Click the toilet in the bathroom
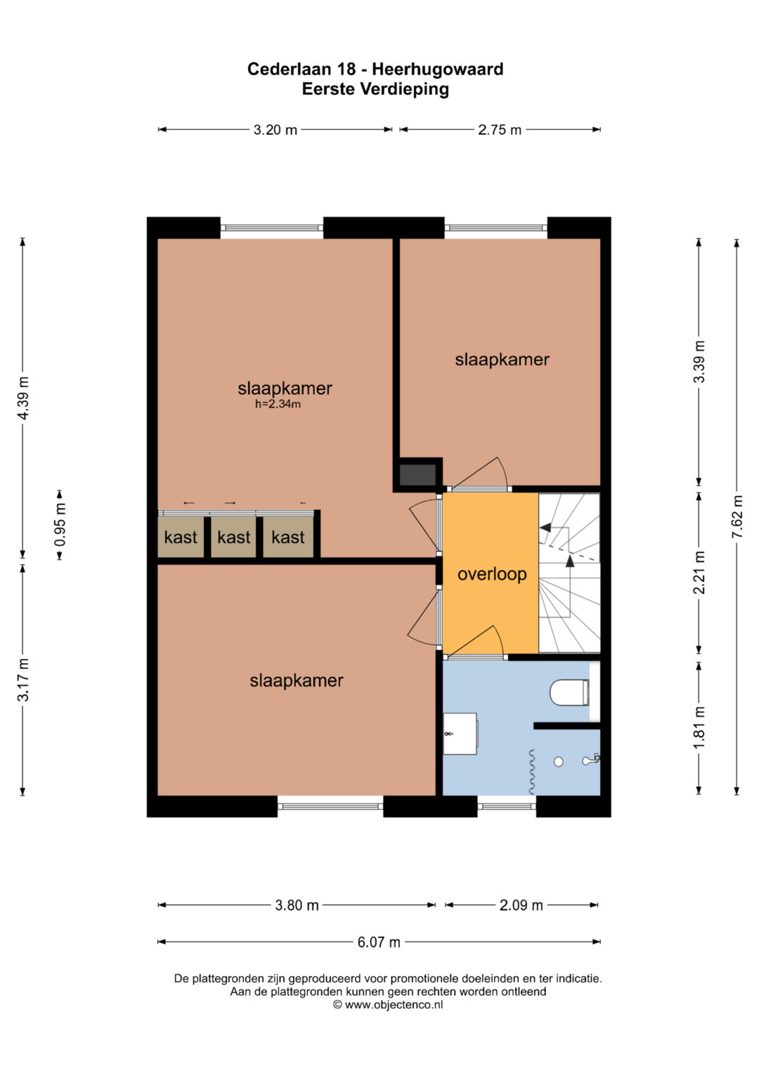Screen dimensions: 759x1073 coord(569,692)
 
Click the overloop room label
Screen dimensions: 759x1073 coord(492,574)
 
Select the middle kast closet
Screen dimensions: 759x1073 coord(233,537)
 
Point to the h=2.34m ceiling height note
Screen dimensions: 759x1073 coord(278,404)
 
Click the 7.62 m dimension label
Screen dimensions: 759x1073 coord(737,517)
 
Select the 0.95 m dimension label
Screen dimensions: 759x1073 coord(60,525)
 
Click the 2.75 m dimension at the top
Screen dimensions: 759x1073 coord(500,130)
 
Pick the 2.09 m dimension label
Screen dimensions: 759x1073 coord(521,905)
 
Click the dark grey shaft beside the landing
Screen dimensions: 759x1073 coord(418,475)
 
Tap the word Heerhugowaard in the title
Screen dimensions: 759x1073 coord(438,70)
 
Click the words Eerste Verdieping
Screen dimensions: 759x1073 coord(376,89)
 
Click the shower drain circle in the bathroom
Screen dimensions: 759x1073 coord(558,762)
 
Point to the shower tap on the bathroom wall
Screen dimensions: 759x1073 coord(591,759)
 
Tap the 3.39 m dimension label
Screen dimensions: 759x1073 coord(699,362)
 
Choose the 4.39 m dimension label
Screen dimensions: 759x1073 coord(23,398)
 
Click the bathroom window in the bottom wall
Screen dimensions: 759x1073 coord(507,806)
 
